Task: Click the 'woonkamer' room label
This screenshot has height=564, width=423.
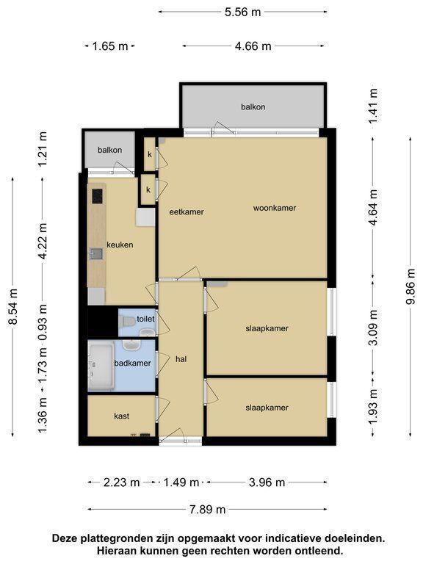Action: [275, 208]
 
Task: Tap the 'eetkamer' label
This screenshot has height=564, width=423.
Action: [187, 211]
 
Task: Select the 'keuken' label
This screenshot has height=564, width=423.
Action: [120, 245]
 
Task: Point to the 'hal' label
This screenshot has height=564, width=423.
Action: [181, 358]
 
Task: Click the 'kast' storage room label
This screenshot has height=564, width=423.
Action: [122, 416]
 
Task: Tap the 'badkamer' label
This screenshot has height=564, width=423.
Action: [132, 363]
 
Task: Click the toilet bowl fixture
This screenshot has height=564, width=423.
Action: [126, 321]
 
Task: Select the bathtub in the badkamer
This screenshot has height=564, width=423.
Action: [101, 366]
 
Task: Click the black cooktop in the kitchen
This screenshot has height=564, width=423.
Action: [98, 196]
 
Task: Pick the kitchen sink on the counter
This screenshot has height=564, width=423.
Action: [96, 254]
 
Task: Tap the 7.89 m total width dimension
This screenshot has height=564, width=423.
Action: [208, 510]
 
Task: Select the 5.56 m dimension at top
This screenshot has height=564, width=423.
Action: [243, 12]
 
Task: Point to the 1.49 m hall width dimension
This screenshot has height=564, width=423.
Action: [181, 482]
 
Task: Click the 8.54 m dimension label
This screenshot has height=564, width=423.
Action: [13, 306]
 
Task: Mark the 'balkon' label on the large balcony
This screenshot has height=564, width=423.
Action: [253, 106]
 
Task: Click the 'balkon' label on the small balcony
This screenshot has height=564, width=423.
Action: [109, 150]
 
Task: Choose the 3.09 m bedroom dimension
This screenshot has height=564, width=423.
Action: [374, 328]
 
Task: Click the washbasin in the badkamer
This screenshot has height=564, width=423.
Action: [131, 345]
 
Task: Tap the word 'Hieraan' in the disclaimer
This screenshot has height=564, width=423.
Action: [115, 550]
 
